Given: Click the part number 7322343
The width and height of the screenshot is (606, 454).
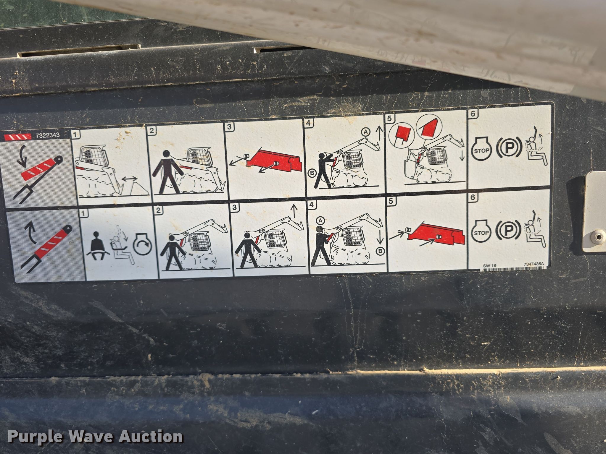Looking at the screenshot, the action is tap(47, 135).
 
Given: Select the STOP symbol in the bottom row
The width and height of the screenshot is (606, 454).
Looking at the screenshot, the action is tap(481, 232).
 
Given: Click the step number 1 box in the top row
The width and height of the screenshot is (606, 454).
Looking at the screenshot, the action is tap(75, 134).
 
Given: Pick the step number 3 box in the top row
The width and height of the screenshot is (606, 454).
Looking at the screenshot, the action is tap(230, 127).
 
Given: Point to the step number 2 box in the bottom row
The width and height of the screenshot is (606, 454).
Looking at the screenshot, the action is tap(159, 210).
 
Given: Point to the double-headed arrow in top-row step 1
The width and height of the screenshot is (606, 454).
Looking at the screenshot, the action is tap(130, 179).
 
